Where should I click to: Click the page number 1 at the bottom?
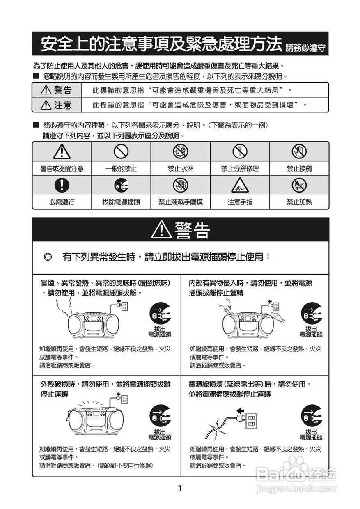(180, 488)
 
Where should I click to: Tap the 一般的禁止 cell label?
(121, 169)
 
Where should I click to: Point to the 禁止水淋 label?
(180, 169)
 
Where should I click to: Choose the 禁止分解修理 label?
(240, 169)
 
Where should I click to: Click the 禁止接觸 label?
(299, 169)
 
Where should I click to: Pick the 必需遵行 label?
(62, 202)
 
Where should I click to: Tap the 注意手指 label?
(240, 202)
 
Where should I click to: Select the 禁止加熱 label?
(299, 202)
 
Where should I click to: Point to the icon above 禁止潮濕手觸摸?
(180, 186)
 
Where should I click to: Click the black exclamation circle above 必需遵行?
(62, 186)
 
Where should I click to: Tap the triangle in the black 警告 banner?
(161, 230)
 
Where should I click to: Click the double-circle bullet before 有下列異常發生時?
(48, 257)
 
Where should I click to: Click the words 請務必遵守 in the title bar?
(305, 48)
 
